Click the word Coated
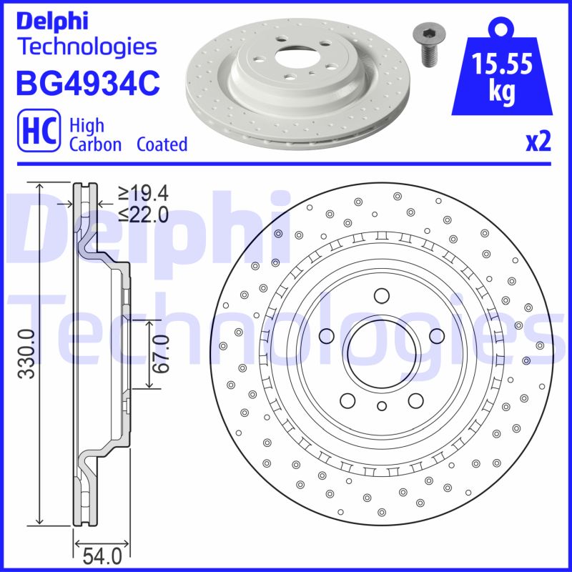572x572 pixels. [x=162, y=144]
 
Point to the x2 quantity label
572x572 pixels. [x=538, y=142]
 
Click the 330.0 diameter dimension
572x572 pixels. [x=26, y=354]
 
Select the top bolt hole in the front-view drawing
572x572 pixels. [x=380, y=295]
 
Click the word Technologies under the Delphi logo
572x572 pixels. [x=86, y=47]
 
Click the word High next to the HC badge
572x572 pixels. [x=87, y=126]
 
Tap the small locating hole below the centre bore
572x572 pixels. [x=381, y=406]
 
